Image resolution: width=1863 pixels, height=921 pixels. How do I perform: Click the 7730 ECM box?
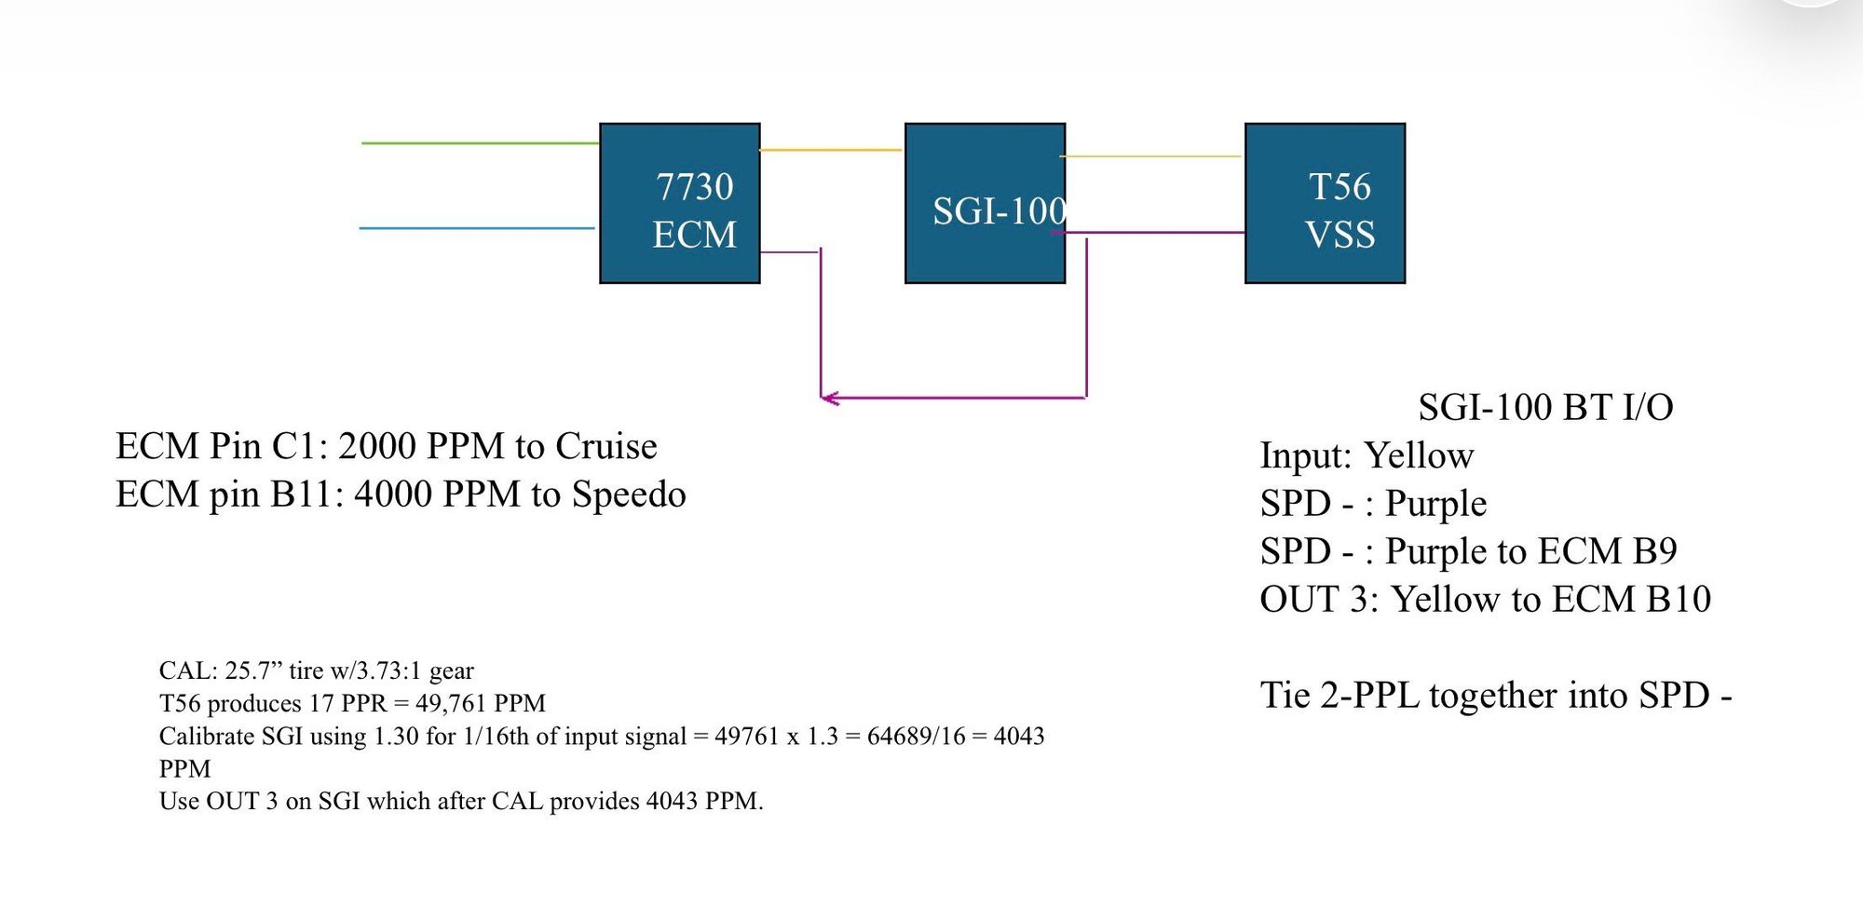(x=680, y=203)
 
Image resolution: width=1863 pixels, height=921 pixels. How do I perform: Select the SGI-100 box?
(x=986, y=203)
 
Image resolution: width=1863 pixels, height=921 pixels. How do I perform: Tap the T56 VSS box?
(x=1326, y=203)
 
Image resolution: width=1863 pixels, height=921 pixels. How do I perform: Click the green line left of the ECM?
(x=480, y=143)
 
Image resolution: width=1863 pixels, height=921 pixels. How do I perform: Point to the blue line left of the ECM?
(x=477, y=228)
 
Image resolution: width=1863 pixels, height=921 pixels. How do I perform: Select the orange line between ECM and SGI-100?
(x=831, y=150)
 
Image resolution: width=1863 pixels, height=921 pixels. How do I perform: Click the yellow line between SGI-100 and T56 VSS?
(x=1150, y=156)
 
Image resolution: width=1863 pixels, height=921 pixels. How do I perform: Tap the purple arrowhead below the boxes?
(x=829, y=399)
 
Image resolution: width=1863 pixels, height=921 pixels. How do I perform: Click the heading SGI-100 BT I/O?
(x=1545, y=407)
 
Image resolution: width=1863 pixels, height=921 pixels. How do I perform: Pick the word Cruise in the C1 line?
(x=606, y=446)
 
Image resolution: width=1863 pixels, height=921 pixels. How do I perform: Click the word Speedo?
(x=629, y=494)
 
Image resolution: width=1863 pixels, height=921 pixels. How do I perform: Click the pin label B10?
(x=1679, y=599)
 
